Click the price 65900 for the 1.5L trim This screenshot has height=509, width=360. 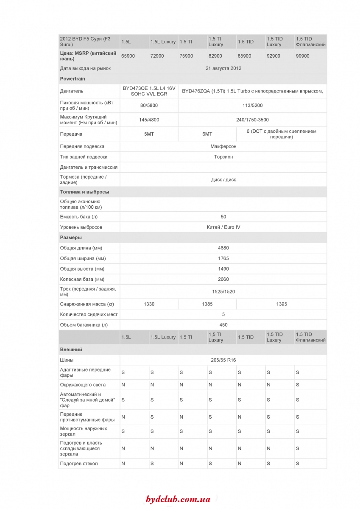128,56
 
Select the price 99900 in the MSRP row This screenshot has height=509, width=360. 303,56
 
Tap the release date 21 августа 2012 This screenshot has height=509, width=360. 223,68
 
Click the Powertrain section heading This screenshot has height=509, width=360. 73,79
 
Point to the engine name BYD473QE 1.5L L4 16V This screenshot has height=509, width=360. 149,88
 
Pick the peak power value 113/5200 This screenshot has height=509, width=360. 252,105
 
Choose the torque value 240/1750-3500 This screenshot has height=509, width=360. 252,120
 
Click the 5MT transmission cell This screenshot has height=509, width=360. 149,134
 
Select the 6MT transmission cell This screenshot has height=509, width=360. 207,134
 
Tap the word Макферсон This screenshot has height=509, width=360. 223,146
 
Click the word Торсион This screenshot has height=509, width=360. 223,157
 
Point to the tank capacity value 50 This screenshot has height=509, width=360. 223,217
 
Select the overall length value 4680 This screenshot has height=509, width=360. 223,248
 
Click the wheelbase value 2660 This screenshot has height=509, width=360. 223,280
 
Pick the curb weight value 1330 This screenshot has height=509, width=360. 149,304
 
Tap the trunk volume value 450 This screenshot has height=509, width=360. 223,325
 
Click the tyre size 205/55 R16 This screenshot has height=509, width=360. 223,360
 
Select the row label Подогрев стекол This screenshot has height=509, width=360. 79,464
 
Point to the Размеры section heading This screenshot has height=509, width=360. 71,238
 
